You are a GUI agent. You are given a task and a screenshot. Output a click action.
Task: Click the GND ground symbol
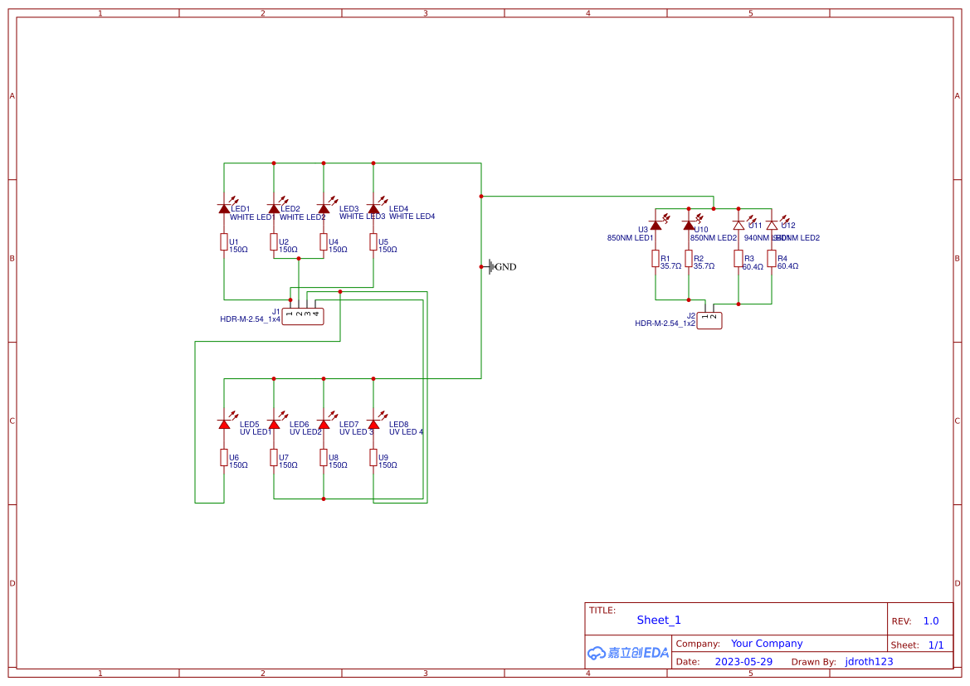[491, 266]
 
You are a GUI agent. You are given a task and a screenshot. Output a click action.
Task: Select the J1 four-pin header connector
[303, 315]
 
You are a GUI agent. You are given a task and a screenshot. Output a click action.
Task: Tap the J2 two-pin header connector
[709, 320]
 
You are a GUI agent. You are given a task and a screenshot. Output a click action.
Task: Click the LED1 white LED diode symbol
[224, 208]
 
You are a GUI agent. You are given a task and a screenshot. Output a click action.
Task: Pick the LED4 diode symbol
[373, 208]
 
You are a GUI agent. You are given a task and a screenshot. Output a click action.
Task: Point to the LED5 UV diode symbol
[224, 424]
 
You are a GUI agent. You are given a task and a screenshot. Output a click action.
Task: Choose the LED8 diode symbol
[373, 424]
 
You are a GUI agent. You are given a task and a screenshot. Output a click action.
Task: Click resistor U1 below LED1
[224, 241]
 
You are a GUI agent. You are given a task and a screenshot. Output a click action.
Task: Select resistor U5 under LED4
[373, 241]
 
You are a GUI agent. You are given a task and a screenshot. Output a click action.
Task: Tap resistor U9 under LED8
[373, 457]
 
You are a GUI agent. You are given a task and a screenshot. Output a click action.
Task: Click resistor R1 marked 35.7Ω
[656, 259]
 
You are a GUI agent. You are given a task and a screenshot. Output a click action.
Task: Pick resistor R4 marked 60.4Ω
[772, 259]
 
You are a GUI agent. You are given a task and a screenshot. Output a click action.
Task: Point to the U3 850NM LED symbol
[656, 225]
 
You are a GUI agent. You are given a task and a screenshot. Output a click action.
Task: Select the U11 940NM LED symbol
[738, 225]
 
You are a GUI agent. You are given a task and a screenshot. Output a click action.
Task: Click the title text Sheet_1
[659, 620]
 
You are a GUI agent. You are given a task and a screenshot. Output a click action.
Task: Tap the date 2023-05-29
[743, 662]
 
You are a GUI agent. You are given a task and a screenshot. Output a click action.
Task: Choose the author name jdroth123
[869, 662]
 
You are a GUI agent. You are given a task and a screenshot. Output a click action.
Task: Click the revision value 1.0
[931, 620]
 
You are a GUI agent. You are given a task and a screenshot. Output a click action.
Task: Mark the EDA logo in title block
[627, 653]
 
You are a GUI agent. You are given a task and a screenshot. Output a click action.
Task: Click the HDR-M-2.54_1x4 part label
[250, 319]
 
